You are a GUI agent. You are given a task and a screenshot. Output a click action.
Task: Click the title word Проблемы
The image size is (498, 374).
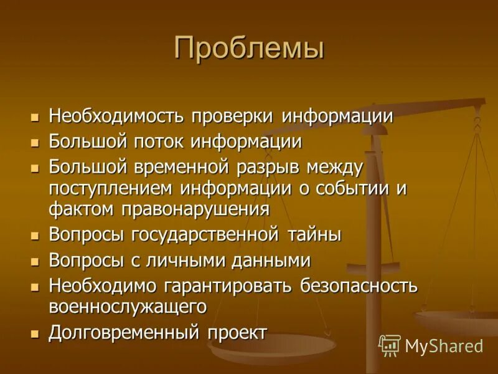point(249,48)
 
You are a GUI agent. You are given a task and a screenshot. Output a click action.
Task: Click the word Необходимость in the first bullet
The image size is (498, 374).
point(116,117)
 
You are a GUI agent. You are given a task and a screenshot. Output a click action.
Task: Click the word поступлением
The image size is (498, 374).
point(111,188)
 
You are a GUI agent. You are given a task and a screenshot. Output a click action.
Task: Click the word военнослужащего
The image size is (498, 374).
point(128,307)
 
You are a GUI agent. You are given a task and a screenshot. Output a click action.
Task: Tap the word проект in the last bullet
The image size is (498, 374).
point(237,332)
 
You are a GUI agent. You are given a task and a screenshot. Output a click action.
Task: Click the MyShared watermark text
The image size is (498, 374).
point(444,346)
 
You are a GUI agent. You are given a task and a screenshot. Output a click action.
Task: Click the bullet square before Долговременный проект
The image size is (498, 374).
point(35,333)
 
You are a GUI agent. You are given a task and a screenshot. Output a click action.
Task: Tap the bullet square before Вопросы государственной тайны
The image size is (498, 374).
point(35,236)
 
